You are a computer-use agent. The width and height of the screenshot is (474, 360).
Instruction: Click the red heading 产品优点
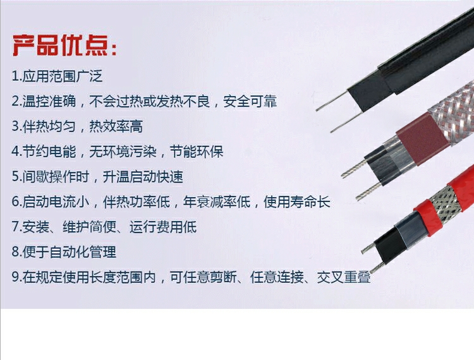[x=64, y=46]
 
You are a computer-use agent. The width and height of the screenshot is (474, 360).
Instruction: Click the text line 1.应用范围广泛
[x=57, y=76]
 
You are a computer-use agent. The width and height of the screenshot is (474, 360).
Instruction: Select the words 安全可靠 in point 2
[x=250, y=101]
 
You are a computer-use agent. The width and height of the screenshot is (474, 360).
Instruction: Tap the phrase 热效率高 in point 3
[x=116, y=126]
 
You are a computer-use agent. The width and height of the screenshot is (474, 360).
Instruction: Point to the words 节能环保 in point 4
[x=197, y=152]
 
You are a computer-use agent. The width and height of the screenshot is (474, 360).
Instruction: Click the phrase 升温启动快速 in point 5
[x=143, y=177]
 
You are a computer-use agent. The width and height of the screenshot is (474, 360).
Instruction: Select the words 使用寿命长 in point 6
[x=297, y=201]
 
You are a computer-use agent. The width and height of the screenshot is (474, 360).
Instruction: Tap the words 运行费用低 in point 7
[x=163, y=227]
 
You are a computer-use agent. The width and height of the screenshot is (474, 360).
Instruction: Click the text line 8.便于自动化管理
[x=64, y=252]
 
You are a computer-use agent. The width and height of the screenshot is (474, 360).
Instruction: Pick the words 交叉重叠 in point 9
[x=344, y=277]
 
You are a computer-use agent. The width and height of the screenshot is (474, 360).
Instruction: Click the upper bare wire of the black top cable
[x=332, y=101]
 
